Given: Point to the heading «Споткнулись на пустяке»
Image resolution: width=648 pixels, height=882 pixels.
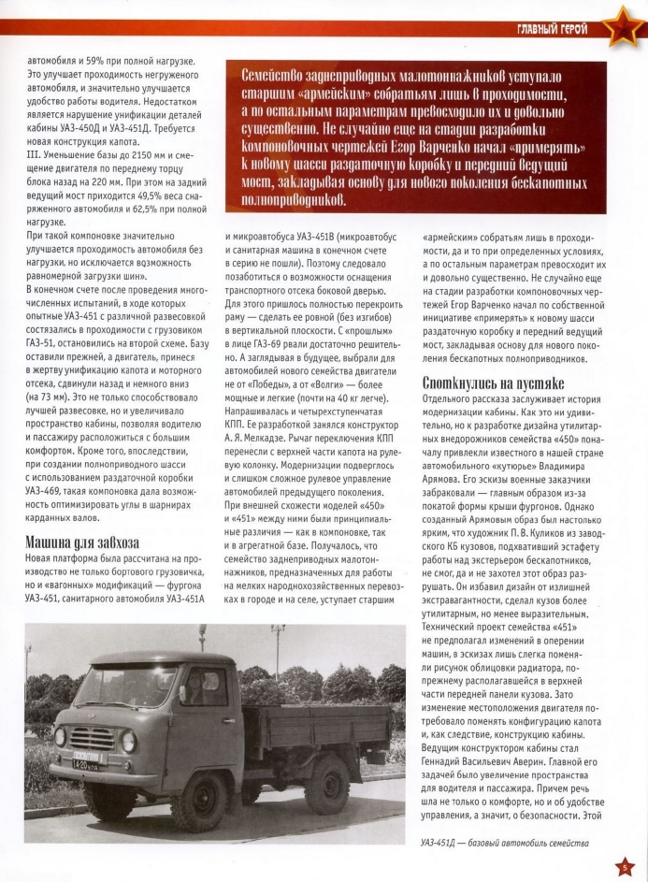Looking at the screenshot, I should click(480, 383).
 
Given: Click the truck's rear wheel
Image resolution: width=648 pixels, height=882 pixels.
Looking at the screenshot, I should click(311, 779).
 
